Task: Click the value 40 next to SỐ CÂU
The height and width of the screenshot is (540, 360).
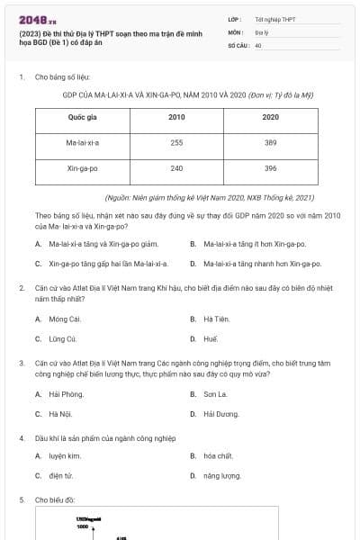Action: pos(258,44)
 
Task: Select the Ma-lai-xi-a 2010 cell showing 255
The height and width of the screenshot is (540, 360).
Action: pos(176,143)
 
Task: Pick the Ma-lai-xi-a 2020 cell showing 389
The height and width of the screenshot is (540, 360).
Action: pos(271,143)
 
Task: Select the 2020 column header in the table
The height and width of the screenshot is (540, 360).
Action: pos(271,118)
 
